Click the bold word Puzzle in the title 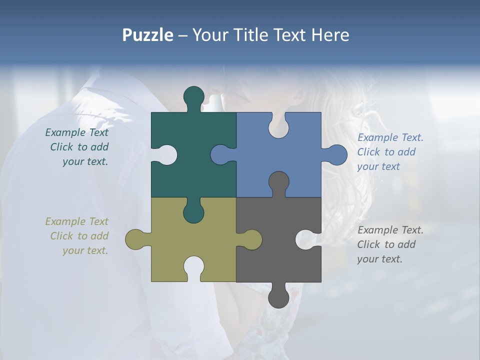(x=147, y=35)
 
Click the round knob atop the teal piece (x=194, y=96)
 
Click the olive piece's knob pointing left (x=135, y=239)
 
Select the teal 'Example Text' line (x=76, y=132)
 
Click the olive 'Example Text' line (x=76, y=221)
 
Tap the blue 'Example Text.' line (x=390, y=137)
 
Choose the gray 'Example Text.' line (x=390, y=230)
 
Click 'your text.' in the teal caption (x=85, y=161)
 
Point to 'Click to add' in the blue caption (x=386, y=152)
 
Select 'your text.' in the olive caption (x=85, y=250)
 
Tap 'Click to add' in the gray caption (x=386, y=244)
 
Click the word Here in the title (x=330, y=35)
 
